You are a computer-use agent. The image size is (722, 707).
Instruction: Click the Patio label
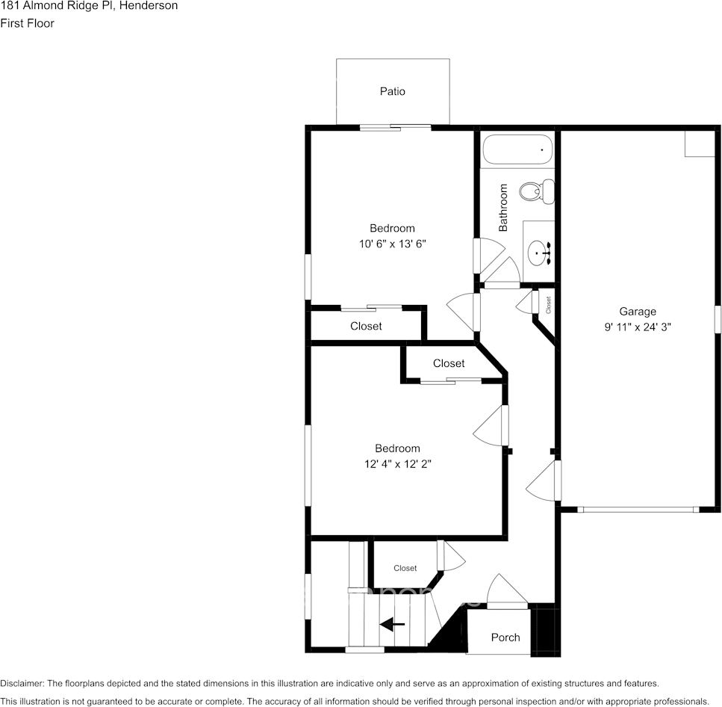coord(392,91)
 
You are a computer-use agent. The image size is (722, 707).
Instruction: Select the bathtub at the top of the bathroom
coord(517,149)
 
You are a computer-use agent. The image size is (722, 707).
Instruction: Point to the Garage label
coord(637,312)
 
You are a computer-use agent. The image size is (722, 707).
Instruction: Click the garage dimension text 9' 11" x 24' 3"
coord(637,327)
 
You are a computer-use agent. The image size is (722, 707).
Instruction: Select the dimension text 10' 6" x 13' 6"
coord(392,244)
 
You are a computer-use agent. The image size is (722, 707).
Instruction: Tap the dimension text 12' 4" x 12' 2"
coord(397,463)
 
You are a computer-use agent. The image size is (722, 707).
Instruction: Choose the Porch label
coord(505,637)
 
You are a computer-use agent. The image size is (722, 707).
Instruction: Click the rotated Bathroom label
coord(503,208)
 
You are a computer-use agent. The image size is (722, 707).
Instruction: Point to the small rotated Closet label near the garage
coord(548,305)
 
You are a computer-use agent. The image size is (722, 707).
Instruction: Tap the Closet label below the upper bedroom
coord(366,326)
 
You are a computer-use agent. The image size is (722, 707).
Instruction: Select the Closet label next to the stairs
coord(405,568)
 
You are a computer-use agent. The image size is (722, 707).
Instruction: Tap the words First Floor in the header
coord(27,23)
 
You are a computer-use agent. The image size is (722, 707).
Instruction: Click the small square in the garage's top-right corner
coord(700,143)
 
